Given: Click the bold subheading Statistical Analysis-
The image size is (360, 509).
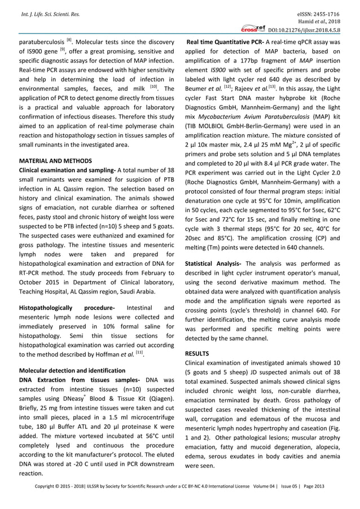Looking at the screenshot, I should pyautogui.click(x=213, y=264).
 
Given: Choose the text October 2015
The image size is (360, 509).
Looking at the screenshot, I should pyautogui.click(x=43, y=282).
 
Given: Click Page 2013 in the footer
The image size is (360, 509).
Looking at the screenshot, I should pyautogui.click(x=331, y=500).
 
